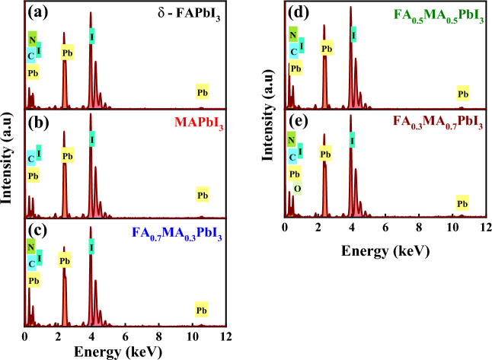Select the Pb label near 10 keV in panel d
(x=462, y=94)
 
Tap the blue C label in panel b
(x=31, y=159)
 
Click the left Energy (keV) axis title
(x=126, y=351)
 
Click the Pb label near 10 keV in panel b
(x=202, y=196)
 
